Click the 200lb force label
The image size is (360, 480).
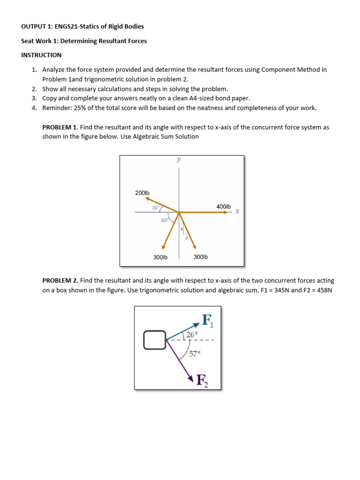coord(142,193)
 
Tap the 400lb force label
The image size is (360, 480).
coord(223,206)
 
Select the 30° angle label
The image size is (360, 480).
coord(156,208)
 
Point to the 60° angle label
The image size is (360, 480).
coord(165,220)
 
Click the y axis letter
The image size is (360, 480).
coord(179,159)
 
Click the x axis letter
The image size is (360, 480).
coord(237,211)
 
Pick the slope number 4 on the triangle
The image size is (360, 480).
coord(182,229)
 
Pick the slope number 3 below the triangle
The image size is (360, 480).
coord(186,239)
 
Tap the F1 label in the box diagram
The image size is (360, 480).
coord(207,321)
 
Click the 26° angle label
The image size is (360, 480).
coord(192,334)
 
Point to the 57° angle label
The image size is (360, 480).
coord(195,354)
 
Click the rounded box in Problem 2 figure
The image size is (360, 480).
coord(155,340)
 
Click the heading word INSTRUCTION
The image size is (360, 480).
coord(41,55)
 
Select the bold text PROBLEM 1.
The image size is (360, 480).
coord(60,127)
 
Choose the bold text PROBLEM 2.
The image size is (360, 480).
coord(60,280)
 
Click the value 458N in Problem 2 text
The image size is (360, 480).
coord(322,290)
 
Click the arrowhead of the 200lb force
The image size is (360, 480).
coord(147,198)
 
